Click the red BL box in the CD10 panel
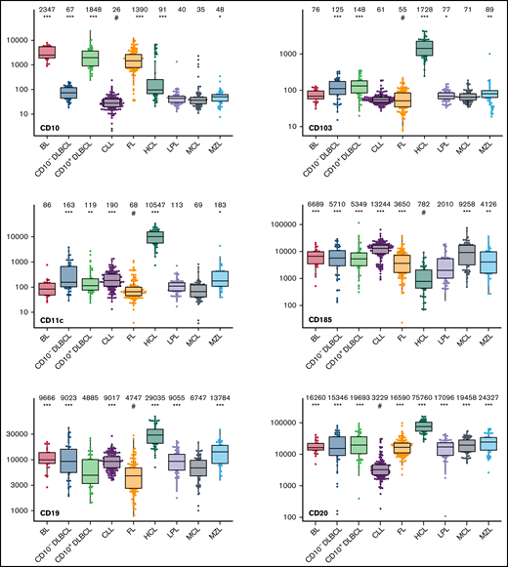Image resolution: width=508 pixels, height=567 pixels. [47, 51]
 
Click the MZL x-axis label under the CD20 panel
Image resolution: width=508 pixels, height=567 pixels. [479, 548]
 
